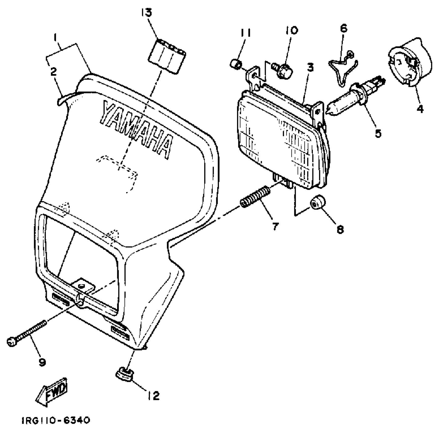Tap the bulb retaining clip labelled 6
342,66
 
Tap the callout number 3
310,68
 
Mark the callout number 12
153,395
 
